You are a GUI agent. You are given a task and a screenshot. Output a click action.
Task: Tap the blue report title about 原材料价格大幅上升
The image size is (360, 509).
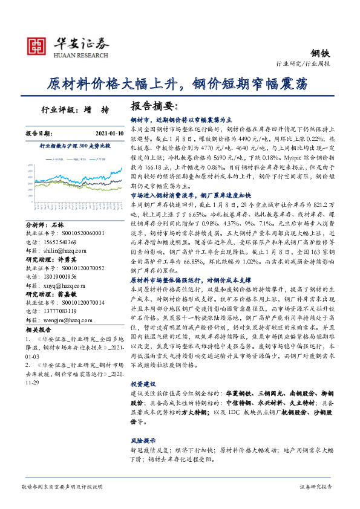click(180, 84)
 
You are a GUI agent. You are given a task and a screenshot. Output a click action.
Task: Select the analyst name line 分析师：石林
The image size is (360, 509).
click(45, 224)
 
